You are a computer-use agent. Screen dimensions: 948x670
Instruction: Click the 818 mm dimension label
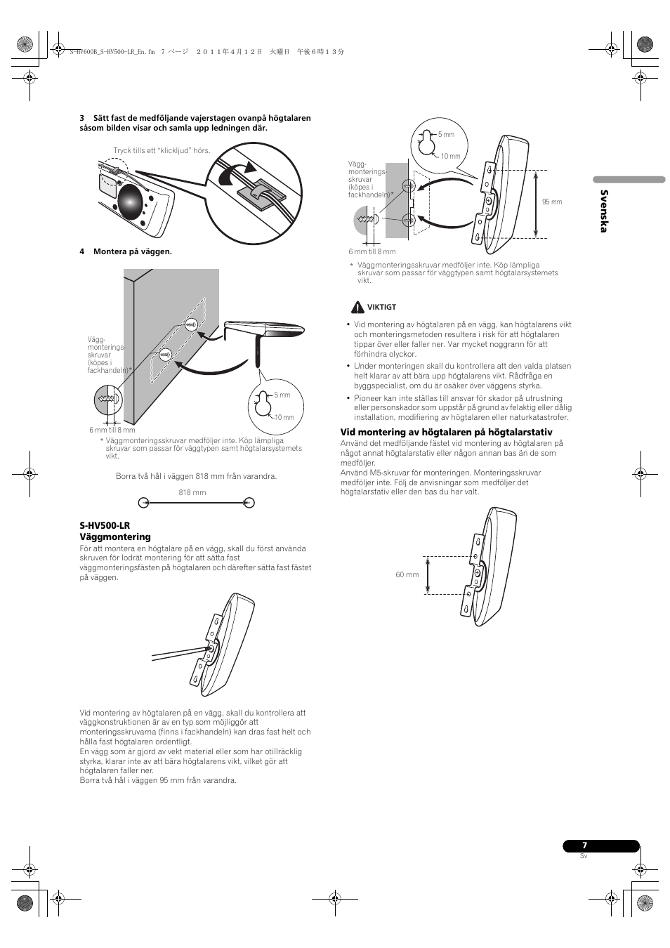click(x=192, y=492)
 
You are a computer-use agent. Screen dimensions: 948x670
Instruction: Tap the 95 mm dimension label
click(x=552, y=202)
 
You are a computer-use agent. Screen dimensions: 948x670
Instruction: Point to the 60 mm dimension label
click(x=407, y=574)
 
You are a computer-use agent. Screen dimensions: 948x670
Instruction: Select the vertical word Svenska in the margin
click(x=603, y=211)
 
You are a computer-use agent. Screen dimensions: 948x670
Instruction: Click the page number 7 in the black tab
click(x=584, y=846)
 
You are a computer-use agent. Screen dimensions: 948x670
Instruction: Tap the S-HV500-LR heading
click(x=105, y=525)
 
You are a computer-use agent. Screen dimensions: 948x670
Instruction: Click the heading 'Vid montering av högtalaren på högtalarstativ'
click(x=446, y=432)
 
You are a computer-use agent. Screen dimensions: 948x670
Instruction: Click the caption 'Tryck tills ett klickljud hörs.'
click(x=162, y=150)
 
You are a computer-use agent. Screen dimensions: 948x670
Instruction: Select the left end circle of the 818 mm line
click(x=144, y=502)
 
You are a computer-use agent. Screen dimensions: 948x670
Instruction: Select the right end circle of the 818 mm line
click(x=249, y=502)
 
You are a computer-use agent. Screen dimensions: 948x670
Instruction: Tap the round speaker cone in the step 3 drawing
click(x=131, y=201)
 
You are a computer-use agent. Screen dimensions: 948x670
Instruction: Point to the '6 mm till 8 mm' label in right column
click(x=372, y=251)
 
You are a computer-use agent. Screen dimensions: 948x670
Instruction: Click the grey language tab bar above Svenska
click(x=629, y=180)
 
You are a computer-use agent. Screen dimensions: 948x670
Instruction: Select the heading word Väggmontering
click(x=115, y=536)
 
